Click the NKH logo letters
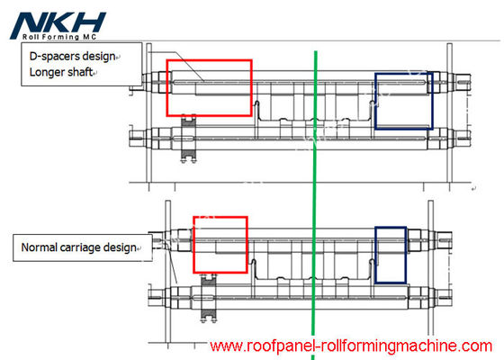coord(58,23)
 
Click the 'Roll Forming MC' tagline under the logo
coord(59,37)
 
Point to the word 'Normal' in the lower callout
coord(40,247)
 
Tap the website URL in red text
coord(351,346)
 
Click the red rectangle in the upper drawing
coord(166,88)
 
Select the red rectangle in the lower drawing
coord(193,245)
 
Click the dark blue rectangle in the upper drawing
coord(375,101)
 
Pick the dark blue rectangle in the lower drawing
coord(375,256)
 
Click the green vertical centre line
coord(314,205)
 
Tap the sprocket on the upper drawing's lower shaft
coord(188,139)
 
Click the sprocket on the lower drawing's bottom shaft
coord(209,298)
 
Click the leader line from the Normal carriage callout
coord(171,264)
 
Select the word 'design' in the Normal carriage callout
coord(120,248)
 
